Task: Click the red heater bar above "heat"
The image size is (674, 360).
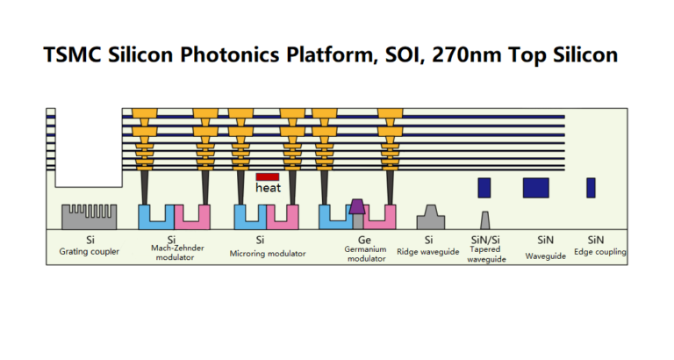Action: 267,177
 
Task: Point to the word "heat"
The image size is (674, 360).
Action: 267,188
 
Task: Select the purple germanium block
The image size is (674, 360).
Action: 357,206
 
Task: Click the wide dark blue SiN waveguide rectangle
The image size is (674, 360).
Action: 535,187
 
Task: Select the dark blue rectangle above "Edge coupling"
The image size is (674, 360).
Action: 591,187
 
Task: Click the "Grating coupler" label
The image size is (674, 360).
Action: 90,253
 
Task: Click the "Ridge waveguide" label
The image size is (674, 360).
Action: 429,253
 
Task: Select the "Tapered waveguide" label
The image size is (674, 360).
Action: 486,255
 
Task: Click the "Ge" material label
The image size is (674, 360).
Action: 364,240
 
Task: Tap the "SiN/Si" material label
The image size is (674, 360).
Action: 485,240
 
